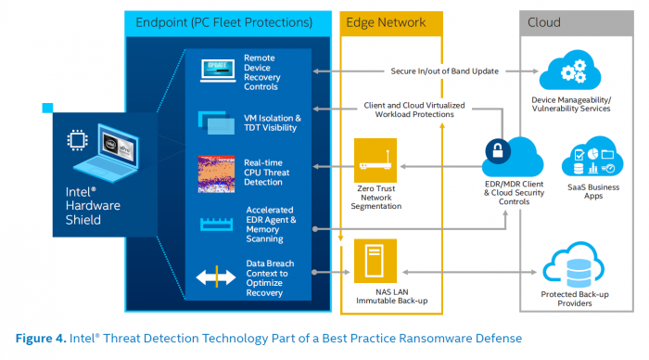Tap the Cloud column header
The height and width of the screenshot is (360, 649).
click(x=544, y=21)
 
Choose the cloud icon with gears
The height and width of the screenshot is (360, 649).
click(x=570, y=71)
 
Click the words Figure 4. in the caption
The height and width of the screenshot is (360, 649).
click(x=38, y=338)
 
